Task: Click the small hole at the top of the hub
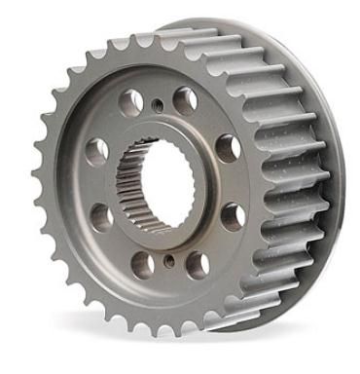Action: coord(157,104)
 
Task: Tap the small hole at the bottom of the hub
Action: coord(169,260)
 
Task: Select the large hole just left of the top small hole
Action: coord(130,100)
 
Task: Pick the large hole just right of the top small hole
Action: coord(185,99)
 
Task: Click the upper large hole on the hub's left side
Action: coord(97,150)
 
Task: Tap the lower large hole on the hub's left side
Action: coord(101,218)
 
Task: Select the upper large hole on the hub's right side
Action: coord(228,148)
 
